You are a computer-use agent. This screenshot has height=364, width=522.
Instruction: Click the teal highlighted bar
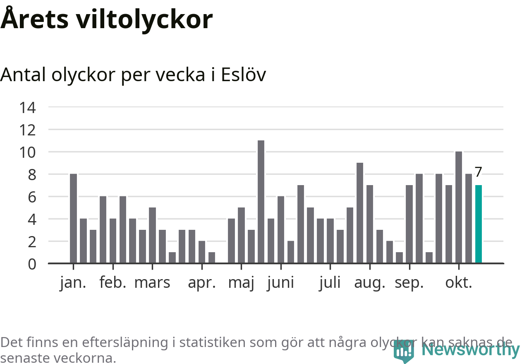pos(478,224)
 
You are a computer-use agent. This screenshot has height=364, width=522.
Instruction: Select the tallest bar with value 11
pos(261,202)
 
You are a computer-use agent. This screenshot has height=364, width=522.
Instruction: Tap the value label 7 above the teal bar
pos(478,172)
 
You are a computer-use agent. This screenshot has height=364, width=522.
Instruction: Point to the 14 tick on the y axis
pos(28,108)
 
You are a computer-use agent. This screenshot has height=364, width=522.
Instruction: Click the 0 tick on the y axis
pos(32,264)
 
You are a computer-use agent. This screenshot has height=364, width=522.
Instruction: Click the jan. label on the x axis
pos(73,283)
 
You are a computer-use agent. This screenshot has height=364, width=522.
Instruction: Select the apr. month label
pos(202,283)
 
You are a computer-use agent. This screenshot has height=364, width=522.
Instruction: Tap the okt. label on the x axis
pos(458,283)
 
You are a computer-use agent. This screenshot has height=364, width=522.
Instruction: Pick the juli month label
pos(330,283)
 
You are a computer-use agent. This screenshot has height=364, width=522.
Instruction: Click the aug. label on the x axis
pos(369,283)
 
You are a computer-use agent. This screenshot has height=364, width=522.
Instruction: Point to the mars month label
pos(152,283)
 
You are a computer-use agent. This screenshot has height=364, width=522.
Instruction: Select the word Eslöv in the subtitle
pos(243,75)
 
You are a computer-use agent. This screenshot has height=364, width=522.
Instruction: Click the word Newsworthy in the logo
pos(471,350)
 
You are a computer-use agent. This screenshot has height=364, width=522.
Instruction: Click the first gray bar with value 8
pos(73,218)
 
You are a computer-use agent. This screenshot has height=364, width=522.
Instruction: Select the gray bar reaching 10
pos(458,207)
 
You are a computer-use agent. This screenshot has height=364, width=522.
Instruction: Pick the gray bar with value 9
pos(360,213)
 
